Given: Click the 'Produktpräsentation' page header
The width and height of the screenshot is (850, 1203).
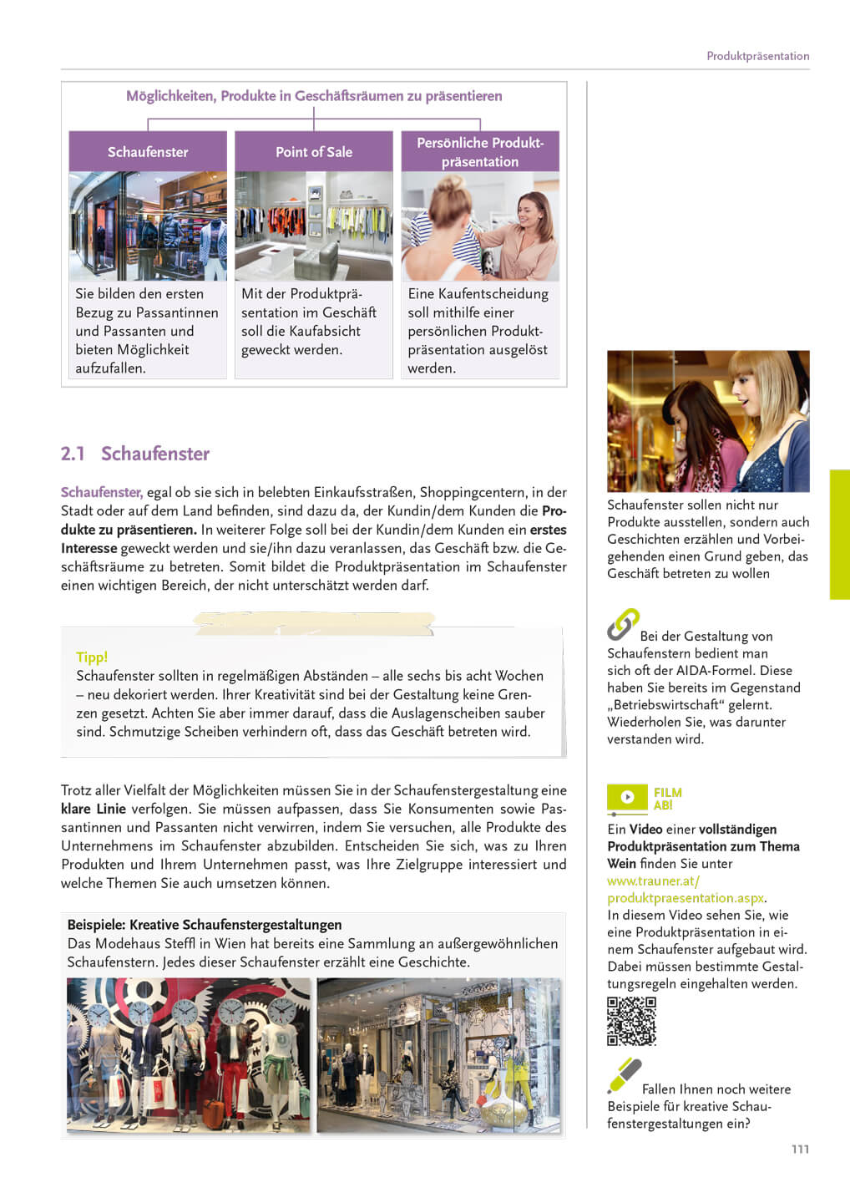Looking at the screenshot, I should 757,56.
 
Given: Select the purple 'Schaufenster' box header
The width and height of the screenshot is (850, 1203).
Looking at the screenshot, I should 148,152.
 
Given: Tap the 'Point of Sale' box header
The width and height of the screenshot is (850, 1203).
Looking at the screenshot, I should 314,152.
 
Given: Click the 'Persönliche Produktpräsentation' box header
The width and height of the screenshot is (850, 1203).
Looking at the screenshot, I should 480,152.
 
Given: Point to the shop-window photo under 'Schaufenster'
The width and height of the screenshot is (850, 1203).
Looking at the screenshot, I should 148,226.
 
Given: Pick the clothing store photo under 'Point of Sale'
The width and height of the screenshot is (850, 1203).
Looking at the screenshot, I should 314,226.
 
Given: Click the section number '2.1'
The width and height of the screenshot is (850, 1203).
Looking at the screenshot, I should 73,454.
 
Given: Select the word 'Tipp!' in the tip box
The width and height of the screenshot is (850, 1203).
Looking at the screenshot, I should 92,657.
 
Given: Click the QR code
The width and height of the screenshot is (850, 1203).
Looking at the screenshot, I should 631,1021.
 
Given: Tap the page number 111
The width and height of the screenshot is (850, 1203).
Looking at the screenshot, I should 800,1149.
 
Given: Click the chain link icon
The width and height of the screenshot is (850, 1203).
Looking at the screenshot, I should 623,624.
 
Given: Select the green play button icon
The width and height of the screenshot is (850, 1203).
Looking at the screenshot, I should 627,797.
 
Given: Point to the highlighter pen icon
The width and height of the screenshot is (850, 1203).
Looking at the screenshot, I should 624,1075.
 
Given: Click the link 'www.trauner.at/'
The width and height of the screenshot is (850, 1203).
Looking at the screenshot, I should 653,881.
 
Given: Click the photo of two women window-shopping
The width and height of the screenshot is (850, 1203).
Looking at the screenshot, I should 708,421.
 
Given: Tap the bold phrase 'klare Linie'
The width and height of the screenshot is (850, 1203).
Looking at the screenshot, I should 94,809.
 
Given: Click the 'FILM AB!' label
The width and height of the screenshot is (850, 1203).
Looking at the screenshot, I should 667,799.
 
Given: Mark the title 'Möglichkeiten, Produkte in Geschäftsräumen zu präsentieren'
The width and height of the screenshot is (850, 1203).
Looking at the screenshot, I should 314,96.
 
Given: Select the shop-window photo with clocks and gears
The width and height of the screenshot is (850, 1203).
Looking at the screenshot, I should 189,1055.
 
